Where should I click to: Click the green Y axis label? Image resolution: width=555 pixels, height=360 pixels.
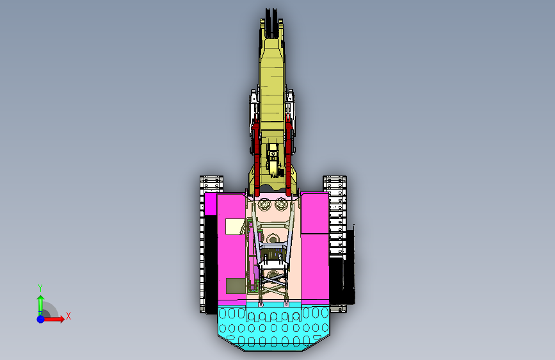[x=40, y=288]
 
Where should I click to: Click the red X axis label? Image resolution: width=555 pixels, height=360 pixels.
[x=68, y=316]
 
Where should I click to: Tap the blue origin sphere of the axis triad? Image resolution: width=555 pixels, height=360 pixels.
[x=41, y=319]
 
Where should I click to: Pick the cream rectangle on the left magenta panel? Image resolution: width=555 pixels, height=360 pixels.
[x=236, y=226]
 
